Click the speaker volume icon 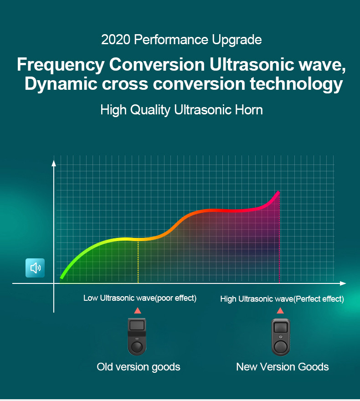click(35, 268)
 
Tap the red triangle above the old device click(138, 311)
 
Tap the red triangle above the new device click(280, 311)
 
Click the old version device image click(137, 337)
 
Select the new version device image click(281, 337)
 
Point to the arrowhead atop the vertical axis click(54, 163)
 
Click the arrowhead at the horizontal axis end click(343, 283)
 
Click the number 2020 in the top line click(116, 40)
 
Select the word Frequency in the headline click(61, 65)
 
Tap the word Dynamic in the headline click(61, 84)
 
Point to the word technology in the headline click(296, 84)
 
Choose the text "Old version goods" click(139, 367)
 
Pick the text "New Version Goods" click(282, 367)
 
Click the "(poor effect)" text click(176, 298)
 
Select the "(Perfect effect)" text click(319, 299)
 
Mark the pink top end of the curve click(279, 192)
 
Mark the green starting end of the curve click(62, 277)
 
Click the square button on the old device click(137, 325)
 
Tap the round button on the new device click(281, 347)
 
